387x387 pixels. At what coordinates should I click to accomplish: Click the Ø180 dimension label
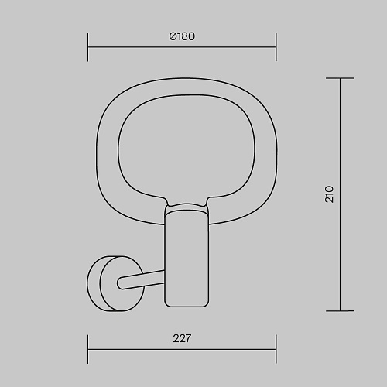[x=182, y=36]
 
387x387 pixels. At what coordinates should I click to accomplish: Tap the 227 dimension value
[x=182, y=338]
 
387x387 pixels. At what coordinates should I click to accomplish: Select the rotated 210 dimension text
[x=329, y=194]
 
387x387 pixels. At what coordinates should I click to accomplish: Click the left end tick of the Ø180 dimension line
[x=88, y=47]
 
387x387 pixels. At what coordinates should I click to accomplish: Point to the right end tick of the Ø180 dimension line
[x=276, y=47]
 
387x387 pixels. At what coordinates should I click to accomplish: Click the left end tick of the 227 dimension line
[x=88, y=349]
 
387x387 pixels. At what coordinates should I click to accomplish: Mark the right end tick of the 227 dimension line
[x=276, y=349]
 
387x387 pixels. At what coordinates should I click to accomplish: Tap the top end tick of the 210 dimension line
[x=340, y=78]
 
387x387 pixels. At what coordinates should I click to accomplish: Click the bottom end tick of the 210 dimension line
[x=340, y=310]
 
